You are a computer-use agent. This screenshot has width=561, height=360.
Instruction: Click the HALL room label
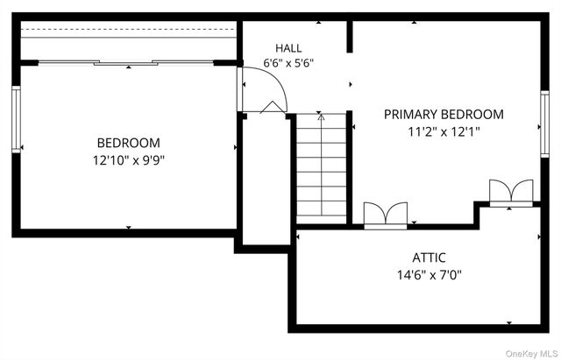pyautogui.click(x=288, y=48)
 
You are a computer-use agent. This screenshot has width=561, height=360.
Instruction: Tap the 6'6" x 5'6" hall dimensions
pyautogui.click(x=288, y=63)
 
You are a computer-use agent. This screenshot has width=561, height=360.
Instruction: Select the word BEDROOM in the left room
pyautogui.click(x=129, y=143)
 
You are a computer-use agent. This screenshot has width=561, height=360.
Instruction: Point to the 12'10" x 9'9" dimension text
pyautogui.click(x=129, y=160)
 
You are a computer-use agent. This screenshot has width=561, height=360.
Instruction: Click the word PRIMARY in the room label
pyautogui.click(x=411, y=115)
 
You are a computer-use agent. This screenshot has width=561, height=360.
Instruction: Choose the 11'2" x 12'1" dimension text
pyautogui.click(x=444, y=132)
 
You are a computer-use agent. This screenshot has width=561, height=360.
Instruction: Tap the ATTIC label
pyautogui.click(x=429, y=258)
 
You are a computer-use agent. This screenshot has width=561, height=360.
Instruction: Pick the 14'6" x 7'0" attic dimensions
pyautogui.click(x=429, y=275)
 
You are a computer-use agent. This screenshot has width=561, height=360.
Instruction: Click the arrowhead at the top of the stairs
pyautogui.click(x=322, y=116)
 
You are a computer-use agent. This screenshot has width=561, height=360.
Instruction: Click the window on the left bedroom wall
pyautogui.click(x=16, y=119)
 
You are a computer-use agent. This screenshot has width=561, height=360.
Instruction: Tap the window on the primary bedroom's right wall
pyautogui.click(x=544, y=124)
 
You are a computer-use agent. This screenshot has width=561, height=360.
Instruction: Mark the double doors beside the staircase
pyautogui.click(x=386, y=215)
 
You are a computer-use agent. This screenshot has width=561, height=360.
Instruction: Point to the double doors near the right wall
pyautogui.click(x=511, y=192)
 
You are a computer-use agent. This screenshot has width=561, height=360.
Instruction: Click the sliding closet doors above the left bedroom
pyautogui.click(x=125, y=63)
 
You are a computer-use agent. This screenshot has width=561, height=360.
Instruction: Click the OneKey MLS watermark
pyautogui.click(x=531, y=354)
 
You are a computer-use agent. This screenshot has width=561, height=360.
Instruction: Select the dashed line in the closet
pyautogui.click(x=129, y=29)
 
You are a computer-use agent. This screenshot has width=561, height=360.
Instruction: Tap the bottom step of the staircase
pyautogui.click(x=322, y=220)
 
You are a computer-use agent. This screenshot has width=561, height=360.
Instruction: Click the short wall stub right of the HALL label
pyautogui.click(x=350, y=37)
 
